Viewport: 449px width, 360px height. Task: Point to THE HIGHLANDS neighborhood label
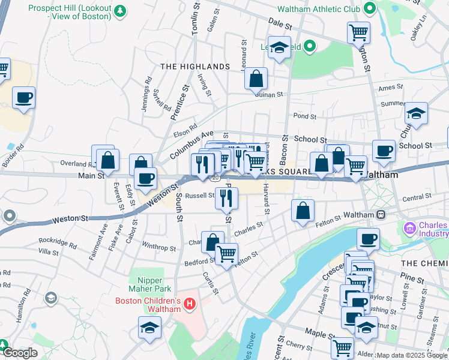tap(194, 66)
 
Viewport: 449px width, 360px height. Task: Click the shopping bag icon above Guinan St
tap(256, 78)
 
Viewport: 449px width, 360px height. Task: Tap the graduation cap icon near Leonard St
tap(279, 47)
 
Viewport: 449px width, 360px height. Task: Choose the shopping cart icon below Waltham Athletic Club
tap(358, 32)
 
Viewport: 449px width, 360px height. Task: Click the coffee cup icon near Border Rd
tap(23, 97)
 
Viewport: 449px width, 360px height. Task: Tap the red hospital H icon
tap(190, 304)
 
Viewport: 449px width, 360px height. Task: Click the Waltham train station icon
tap(381, 214)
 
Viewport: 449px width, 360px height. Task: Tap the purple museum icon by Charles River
tap(410, 228)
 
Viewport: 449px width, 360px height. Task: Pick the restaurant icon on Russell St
tap(226, 198)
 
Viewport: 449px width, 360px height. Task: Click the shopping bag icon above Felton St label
tap(303, 210)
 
